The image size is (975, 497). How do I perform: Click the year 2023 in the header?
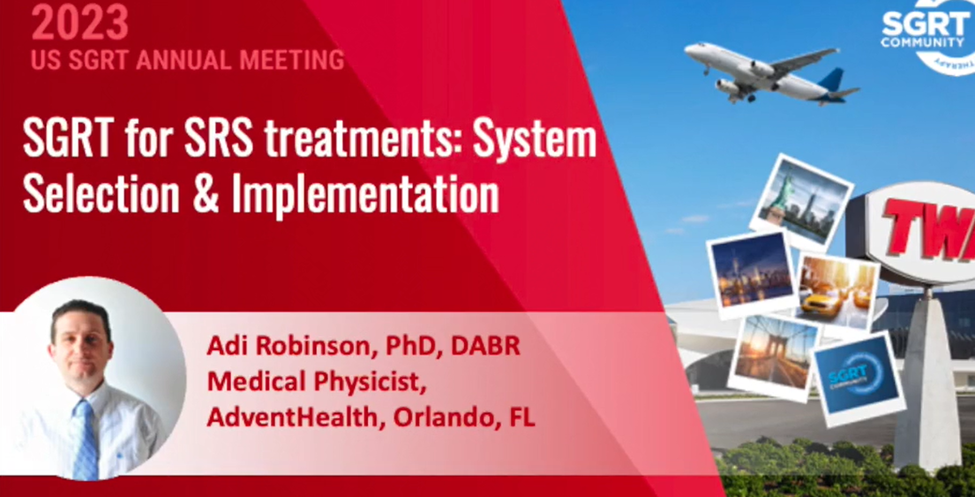[x=80, y=22]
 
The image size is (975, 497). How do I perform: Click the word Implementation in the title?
[x=365, y=194]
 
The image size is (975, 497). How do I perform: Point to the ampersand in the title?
[x=205, y=195]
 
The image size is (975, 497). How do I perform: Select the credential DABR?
[x=485, y=346]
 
